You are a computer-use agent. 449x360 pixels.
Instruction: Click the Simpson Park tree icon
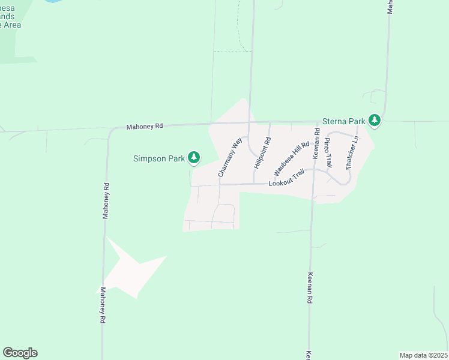[193, 158]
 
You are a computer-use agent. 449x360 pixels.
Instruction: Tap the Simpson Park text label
[159, 158]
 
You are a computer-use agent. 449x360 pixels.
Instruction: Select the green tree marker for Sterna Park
[375, 121]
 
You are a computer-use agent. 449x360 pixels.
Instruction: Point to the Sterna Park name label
[344, 121]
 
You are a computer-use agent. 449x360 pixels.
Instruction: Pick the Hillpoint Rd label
[263, 152]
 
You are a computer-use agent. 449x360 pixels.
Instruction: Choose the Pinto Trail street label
[328, 152]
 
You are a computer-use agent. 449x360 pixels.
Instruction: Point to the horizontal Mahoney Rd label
[145, 127]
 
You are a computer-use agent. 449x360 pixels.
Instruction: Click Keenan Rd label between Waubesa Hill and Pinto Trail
[315, 143]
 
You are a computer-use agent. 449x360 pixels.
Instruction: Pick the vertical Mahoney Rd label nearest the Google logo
[103, 305]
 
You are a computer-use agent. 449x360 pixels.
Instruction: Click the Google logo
[20, 353]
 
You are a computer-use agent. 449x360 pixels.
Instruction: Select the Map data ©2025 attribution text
[423, 355]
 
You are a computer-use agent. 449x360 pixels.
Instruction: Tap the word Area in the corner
[11, 25]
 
